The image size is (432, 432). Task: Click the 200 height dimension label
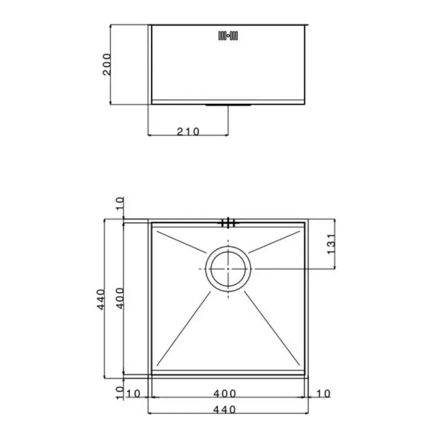coord(107,64)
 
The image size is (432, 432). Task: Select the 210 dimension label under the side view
coord(188,132)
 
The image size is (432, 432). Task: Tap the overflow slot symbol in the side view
coord(228,36)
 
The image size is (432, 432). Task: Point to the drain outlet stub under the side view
coord(228,105)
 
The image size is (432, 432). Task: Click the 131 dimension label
coord(331,244)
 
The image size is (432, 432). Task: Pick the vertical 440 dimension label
coord(101,299)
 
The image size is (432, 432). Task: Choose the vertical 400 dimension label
coord(120,298)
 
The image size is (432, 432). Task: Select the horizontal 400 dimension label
coord(225,394)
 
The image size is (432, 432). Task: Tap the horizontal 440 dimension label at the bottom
coord(224,410)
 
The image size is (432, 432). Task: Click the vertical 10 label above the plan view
coord(120,204)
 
